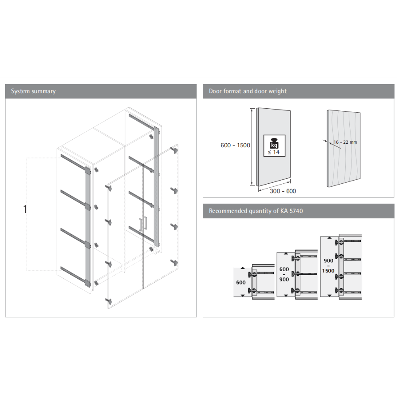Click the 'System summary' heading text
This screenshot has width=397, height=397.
point(33,91)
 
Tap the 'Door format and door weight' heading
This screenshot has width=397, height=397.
point(248,91)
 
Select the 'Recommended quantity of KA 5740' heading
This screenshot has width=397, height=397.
point(256,211)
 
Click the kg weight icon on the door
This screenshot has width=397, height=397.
point(274,143)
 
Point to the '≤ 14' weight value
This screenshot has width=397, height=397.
point(274,152)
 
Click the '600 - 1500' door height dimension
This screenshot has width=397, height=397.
point(235,145)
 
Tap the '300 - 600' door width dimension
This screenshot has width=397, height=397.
point(283,191)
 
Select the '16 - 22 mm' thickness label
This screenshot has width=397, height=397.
point(345,142)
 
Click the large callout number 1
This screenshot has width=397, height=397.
point(25,209)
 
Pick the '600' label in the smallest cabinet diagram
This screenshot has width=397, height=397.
point(241,283)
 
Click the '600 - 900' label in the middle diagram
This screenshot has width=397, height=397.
point(284,274)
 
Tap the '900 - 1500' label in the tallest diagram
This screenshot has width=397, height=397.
point(328,266)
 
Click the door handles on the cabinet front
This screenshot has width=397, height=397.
point(143,224)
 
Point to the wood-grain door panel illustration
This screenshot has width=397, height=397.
point(343,148)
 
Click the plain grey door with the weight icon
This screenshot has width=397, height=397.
point(273,147)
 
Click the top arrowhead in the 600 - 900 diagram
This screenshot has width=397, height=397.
point(286,253)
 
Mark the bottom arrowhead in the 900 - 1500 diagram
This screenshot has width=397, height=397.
point(330,295)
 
